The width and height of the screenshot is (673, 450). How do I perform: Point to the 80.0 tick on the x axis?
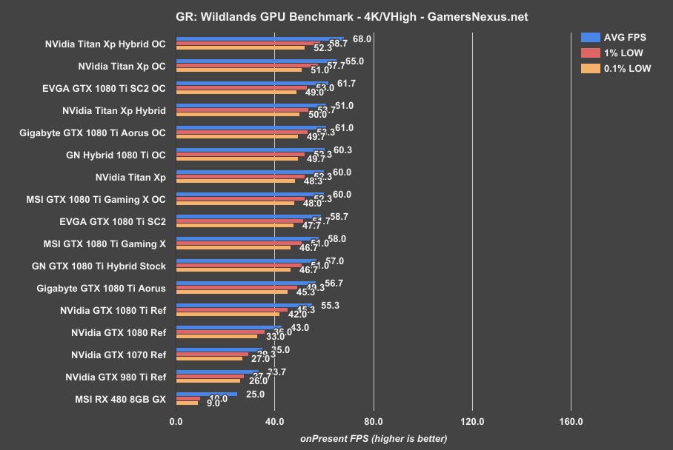[x=374, y=422]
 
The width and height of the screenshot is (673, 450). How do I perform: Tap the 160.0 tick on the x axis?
[x=571, y=422]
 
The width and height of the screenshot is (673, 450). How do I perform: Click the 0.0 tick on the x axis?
[x=176, y=422]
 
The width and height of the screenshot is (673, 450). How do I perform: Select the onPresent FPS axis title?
[x=374, y=438]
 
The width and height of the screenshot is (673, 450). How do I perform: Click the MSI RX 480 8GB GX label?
[x=120, y=400]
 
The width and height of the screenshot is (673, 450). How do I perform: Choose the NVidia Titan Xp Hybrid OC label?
[x=105, y=44]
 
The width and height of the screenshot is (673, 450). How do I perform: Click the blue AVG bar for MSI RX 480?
[x=206, y=394]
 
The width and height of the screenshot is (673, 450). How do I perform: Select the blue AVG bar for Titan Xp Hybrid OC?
[x=259, y=38]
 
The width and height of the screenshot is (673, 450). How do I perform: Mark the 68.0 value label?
[x=362, y=38]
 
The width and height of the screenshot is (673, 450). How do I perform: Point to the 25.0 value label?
[x=255, y=394]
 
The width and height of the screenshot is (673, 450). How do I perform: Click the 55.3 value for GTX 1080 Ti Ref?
[x=330, y=305]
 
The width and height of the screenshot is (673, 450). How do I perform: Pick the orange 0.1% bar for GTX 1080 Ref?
[x=216, y=336]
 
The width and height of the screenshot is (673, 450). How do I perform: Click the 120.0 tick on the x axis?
[x=472, y=422]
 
